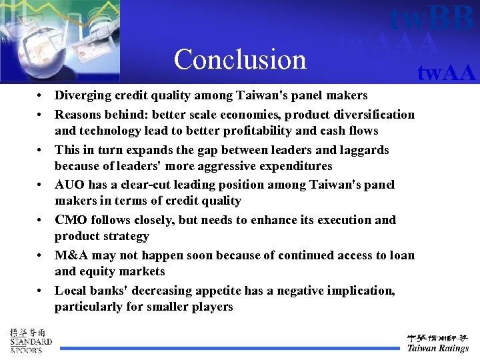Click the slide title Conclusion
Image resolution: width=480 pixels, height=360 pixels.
coord(240,59)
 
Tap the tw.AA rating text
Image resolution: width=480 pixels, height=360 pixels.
coord(446,72)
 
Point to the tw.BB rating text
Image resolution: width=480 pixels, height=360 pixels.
coord(432,19)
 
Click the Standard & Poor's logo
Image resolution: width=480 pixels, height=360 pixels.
coord(31,341)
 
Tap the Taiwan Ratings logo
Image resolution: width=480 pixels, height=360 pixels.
coord(438,343)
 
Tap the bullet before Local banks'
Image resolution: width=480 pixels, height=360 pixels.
coord(41,291)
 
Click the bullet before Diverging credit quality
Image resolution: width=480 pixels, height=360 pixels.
coord(41,95)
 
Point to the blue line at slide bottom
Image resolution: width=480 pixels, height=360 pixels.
coord(231,348)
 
